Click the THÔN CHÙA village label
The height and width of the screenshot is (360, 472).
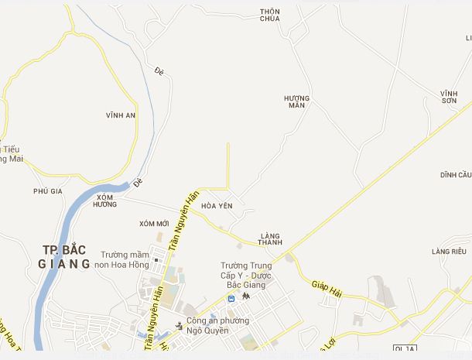coord(270,15)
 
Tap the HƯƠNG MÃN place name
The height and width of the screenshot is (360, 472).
coord(296,101)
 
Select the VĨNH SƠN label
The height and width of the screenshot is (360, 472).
coord(450,97)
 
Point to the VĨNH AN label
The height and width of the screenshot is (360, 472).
coord(121,115)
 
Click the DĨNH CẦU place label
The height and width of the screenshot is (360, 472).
coord(455,175)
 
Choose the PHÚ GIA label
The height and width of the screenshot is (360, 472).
coord(47,190)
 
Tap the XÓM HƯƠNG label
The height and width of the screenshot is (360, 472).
coord(104,201)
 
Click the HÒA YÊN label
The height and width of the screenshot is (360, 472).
coord(217,206)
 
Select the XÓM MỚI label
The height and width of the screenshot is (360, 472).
coord(154,224)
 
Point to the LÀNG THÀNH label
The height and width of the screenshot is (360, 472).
coord(271,238)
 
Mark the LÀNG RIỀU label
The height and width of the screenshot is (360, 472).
coord(449,252)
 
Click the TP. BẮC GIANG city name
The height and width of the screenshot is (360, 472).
coord(64,256)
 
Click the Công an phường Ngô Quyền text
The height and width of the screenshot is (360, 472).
coord(217,325)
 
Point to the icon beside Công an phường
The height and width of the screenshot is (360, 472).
coord(179,324)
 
